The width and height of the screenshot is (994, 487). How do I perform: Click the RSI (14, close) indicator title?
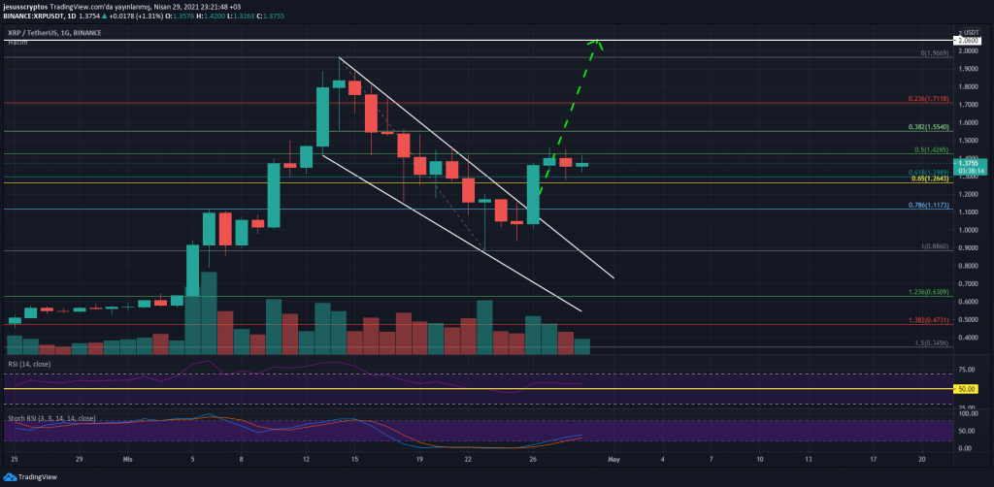tap(30, 363)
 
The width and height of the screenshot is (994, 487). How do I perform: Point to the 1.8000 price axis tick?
tap(966, 87)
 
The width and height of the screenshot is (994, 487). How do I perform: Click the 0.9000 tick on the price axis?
tap(966, 247)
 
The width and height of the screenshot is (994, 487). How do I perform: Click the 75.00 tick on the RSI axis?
tap(966, 370)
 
